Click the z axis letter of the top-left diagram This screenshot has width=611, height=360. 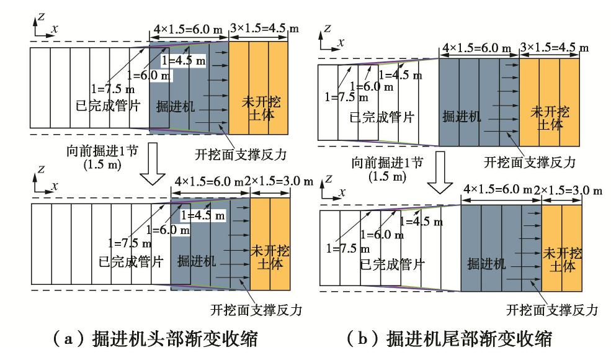click(40, 17)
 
